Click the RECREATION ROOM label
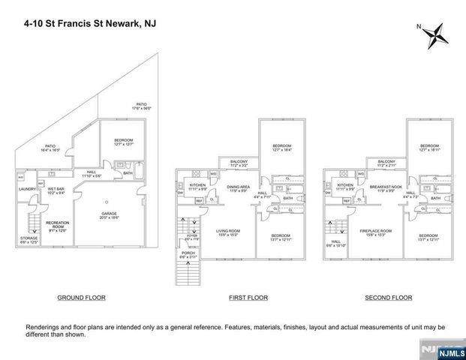[x=58, y=225]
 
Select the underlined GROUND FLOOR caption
[x=81, y=298]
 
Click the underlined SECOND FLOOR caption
[x=388, y=298]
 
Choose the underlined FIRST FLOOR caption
[x=248, y=298]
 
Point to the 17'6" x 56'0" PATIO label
[x=142, y=106]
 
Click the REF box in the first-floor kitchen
[x=200, y=200]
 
